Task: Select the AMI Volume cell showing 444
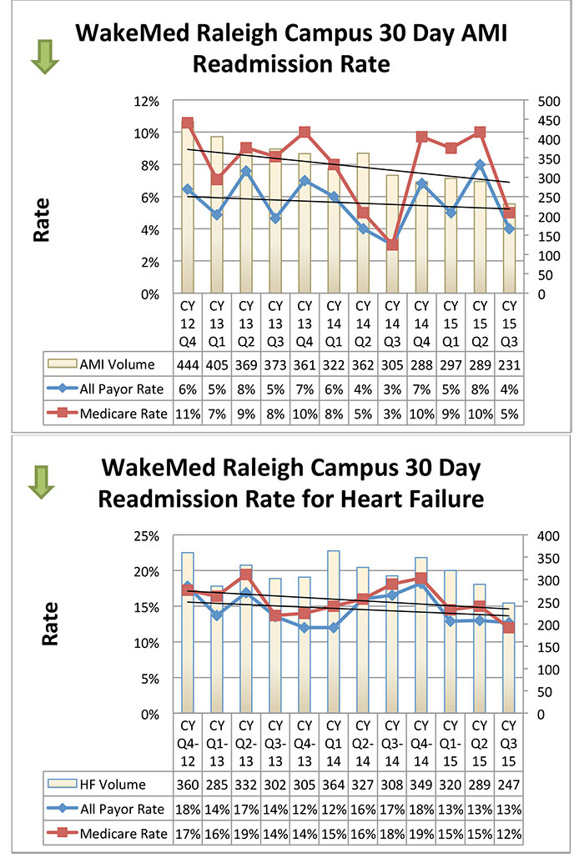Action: point(187,364)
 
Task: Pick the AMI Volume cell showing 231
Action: point(508,364)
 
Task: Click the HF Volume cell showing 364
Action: point(333,785)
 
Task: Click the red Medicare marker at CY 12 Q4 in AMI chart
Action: point(188,123)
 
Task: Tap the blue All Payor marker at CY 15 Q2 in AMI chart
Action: point(479,165)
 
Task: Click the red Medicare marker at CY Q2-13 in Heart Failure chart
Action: point(245,574)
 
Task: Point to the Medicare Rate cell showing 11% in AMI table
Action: point(187,413)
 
